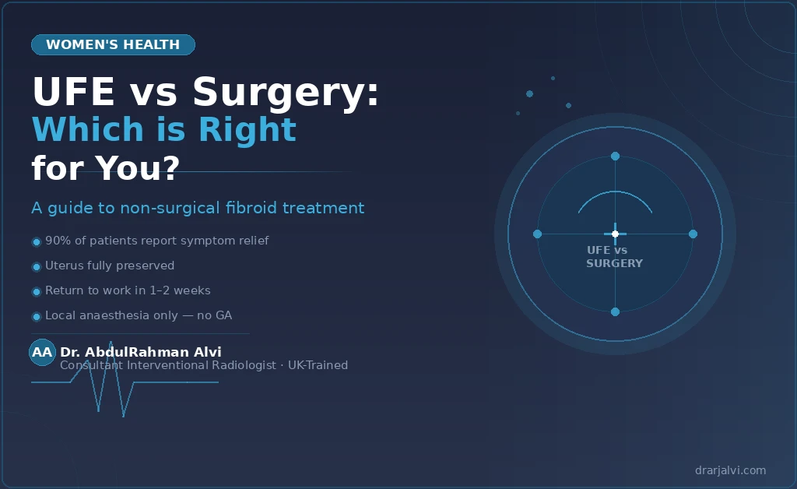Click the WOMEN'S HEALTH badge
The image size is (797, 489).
113,45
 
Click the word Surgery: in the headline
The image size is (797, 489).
286,93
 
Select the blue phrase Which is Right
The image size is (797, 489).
163,129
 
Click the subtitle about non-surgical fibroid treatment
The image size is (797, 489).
198,208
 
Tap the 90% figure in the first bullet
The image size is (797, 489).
58,241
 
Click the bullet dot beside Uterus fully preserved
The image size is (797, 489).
36,267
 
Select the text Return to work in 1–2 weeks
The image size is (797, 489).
128,290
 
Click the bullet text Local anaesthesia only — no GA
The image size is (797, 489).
139,315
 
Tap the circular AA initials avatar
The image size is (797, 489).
42,353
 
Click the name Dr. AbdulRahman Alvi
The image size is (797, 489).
140,352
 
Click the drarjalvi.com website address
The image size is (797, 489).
730,470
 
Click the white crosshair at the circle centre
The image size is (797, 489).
615,234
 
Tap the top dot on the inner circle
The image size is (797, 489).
615,157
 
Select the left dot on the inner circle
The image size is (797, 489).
537,234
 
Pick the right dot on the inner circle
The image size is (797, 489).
693,234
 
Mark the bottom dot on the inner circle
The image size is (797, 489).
615,311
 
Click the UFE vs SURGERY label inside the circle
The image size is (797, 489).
614,257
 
